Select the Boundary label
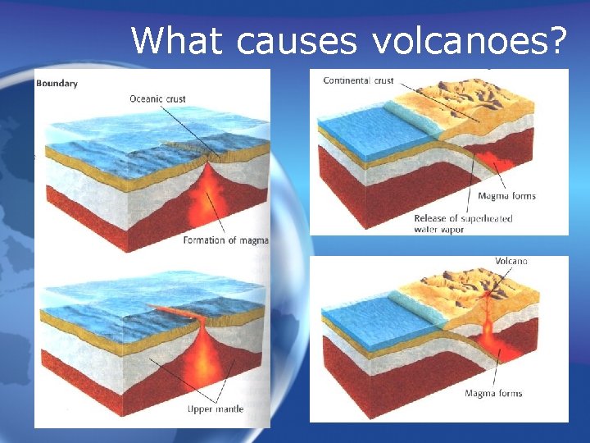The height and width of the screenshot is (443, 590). (57, 83)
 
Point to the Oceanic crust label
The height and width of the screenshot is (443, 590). (157, 99)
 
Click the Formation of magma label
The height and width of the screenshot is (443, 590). (225, 240)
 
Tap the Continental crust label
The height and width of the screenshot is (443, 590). (358, 80)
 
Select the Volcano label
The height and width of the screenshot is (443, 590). (511, 261)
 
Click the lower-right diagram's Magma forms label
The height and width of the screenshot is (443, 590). (493, 393)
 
